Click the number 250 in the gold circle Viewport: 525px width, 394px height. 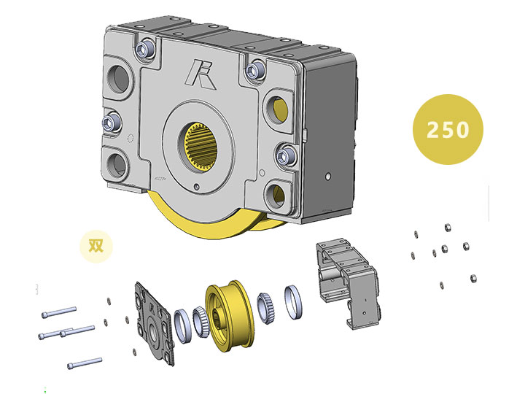pyautogui.click(x=448, y=129)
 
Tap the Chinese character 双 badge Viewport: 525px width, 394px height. pyautogui.click(x=96, y=247)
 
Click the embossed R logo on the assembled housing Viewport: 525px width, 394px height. pyautogui.click(x=201, y=75)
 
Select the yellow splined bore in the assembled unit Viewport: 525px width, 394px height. pyautogui.click(x=201, y=146)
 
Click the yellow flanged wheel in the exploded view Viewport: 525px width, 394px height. pyautogui.click(x=230, y=316)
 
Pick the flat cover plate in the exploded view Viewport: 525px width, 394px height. pyautogui.click(x=154, y=322)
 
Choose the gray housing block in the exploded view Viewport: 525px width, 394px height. pyautogui.click(x=349, y=284)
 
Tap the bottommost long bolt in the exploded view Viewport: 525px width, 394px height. pyautogui.click(x=85, y=363)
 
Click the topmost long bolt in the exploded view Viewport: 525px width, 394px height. pyautogui.click(x=59, y=312)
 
